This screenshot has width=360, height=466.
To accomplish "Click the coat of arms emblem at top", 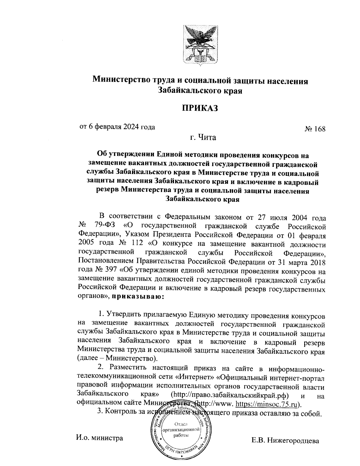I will click(x=200, y=45).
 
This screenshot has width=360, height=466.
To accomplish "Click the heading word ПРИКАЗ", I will click(x=200, y=108).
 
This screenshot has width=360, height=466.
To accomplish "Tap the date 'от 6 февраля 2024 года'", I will click(x=117, y=127).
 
